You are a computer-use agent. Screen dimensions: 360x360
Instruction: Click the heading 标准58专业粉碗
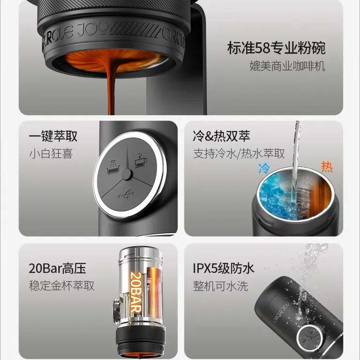click(276, 48)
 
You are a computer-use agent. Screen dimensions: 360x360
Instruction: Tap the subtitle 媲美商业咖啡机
click(287, 66)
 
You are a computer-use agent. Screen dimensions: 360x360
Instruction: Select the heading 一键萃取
click(53, 136)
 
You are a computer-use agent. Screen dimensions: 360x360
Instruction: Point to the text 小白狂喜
click(51, 153)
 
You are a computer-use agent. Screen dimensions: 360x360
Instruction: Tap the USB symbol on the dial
click(126, 195)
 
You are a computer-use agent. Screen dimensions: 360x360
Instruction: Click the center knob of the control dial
click(127, 174)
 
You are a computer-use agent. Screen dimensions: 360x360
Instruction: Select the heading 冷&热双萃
click(221, 136)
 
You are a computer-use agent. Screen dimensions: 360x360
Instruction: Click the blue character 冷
click(264, 169)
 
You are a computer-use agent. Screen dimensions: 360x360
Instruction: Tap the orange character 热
click(327, 167)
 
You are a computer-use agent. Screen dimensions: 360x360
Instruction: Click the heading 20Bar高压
click(57, 268)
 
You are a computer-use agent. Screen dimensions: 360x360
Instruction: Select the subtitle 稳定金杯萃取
click(61, 286)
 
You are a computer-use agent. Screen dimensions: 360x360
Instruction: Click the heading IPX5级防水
click(224, 268)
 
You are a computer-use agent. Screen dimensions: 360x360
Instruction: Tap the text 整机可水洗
click(221, 286)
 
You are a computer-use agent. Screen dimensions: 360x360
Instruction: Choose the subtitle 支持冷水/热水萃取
click(239, 153)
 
